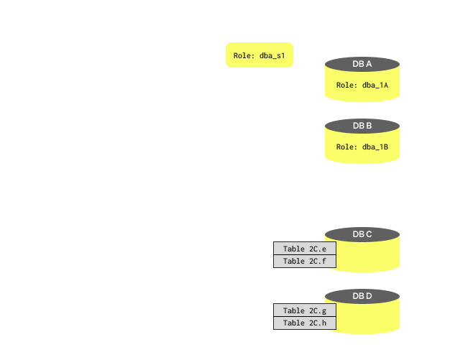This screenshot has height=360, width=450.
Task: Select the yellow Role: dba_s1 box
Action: [260, 55]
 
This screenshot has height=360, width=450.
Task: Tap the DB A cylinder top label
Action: [362, 65]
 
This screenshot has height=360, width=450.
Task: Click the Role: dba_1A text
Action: [362, 86]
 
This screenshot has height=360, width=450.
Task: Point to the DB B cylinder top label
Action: [362, 126]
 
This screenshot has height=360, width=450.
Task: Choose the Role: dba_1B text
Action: [362, 147]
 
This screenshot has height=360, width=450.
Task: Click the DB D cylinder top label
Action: [362, 295]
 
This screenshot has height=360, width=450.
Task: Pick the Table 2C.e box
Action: [305, 249]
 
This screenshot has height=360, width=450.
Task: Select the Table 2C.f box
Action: [305, 261]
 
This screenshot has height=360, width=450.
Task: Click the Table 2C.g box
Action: [305, 310]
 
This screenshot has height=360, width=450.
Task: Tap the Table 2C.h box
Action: [305, 323]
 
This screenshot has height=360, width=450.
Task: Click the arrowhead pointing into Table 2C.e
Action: [269, 262]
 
